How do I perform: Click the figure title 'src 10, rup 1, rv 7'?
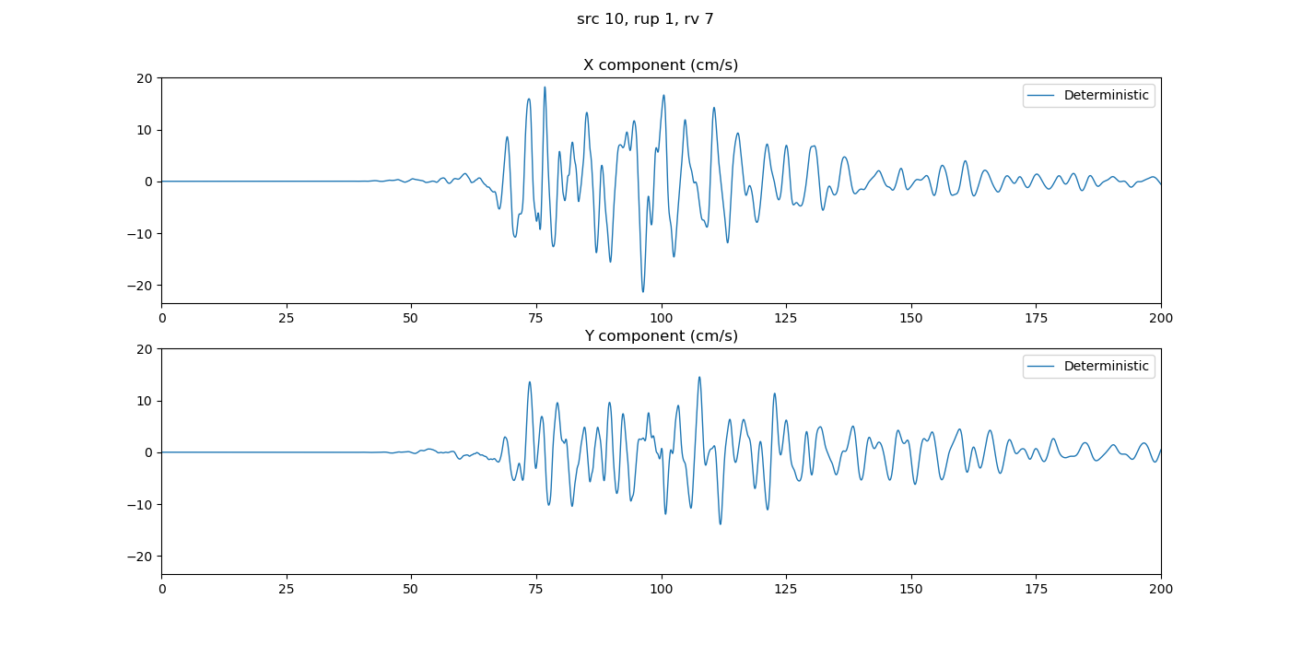point(645,19)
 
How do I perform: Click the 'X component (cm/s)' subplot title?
point(661,65)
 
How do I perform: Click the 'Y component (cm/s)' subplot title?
point(661,336)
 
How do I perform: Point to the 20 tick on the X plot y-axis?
point(145,78)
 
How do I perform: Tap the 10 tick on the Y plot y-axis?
point(145,401)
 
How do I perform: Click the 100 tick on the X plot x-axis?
point(662,318)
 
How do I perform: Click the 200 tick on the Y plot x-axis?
point(1161,589)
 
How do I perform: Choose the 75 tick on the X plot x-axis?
point(536,318)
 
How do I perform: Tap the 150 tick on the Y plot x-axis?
point(911,589)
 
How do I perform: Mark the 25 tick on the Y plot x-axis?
point(287,589)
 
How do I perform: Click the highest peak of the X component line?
point(545,88)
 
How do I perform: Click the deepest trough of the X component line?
point(643,292)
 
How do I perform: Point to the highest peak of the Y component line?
point(699,377)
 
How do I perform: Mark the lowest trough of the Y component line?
point(721,524)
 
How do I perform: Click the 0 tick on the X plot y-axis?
point(148,182)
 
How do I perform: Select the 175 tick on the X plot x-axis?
point(1036,318)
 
